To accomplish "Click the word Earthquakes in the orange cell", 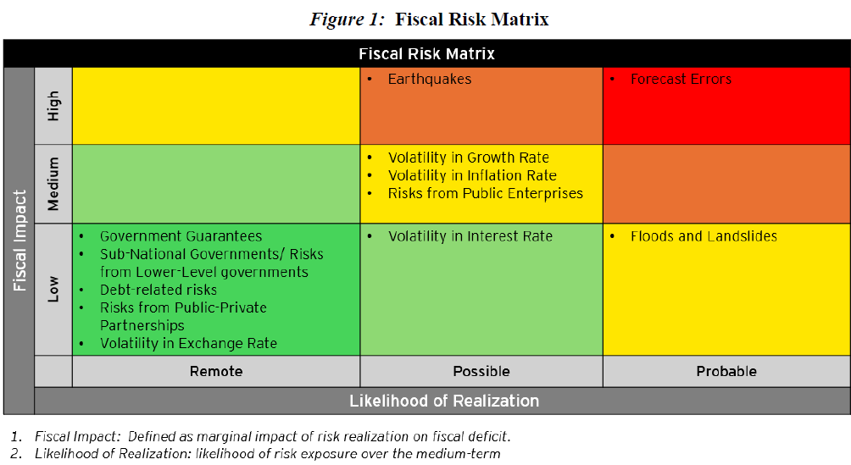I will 429,79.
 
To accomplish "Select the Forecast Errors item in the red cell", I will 680,79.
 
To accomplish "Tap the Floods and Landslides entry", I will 703,236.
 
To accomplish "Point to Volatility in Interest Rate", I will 470,236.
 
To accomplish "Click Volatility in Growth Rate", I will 468,158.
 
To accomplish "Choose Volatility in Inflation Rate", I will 472,175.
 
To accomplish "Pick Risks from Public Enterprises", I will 485,193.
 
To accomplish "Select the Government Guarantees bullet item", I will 181,236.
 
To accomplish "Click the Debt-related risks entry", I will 158,290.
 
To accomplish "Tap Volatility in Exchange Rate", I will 188,343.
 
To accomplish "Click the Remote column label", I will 216,371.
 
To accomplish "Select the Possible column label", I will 481,371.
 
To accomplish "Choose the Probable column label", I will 726,371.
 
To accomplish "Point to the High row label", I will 53,106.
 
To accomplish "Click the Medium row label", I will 53,183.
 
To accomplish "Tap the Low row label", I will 53,289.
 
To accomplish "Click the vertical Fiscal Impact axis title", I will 19,241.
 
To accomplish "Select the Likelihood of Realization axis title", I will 444,401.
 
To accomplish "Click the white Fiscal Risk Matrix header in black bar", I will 426,53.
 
